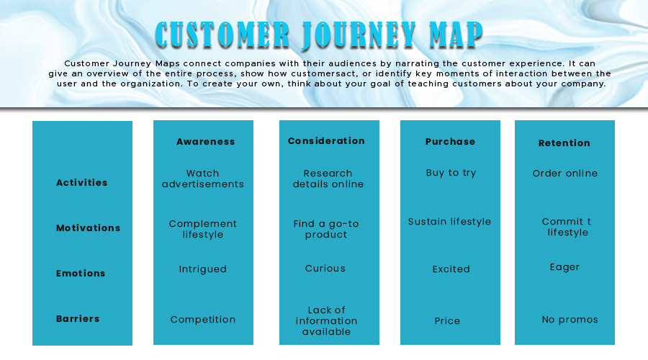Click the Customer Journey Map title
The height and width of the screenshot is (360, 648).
pos(319,35)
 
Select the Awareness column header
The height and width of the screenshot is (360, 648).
pos(206,142)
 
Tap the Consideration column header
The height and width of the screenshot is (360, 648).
pos(326,141)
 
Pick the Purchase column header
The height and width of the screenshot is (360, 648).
pos(450,142)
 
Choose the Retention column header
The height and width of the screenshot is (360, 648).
pos(564,143)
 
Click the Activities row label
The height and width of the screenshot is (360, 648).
pos(82,183)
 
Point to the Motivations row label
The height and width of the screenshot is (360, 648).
pos(89,228)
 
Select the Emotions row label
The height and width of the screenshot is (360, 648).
pos(81,274)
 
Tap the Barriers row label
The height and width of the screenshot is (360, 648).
pos(78,319)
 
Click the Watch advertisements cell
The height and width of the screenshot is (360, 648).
pos(203,179)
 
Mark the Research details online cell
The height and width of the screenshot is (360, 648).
pos(328,179)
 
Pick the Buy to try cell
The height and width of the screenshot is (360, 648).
pos(451,173)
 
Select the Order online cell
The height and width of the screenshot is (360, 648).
pos(565,174)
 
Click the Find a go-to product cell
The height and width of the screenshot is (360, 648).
pos(326,229)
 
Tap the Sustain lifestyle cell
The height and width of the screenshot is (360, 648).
pos(450,222)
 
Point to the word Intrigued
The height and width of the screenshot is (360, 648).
pos(203,269)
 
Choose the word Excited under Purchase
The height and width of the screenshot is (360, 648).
pos(451,269)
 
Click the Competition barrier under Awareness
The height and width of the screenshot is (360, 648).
pos(203,320)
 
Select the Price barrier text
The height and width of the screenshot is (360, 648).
pos(447,321)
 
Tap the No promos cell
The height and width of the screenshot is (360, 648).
pos(570,320)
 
